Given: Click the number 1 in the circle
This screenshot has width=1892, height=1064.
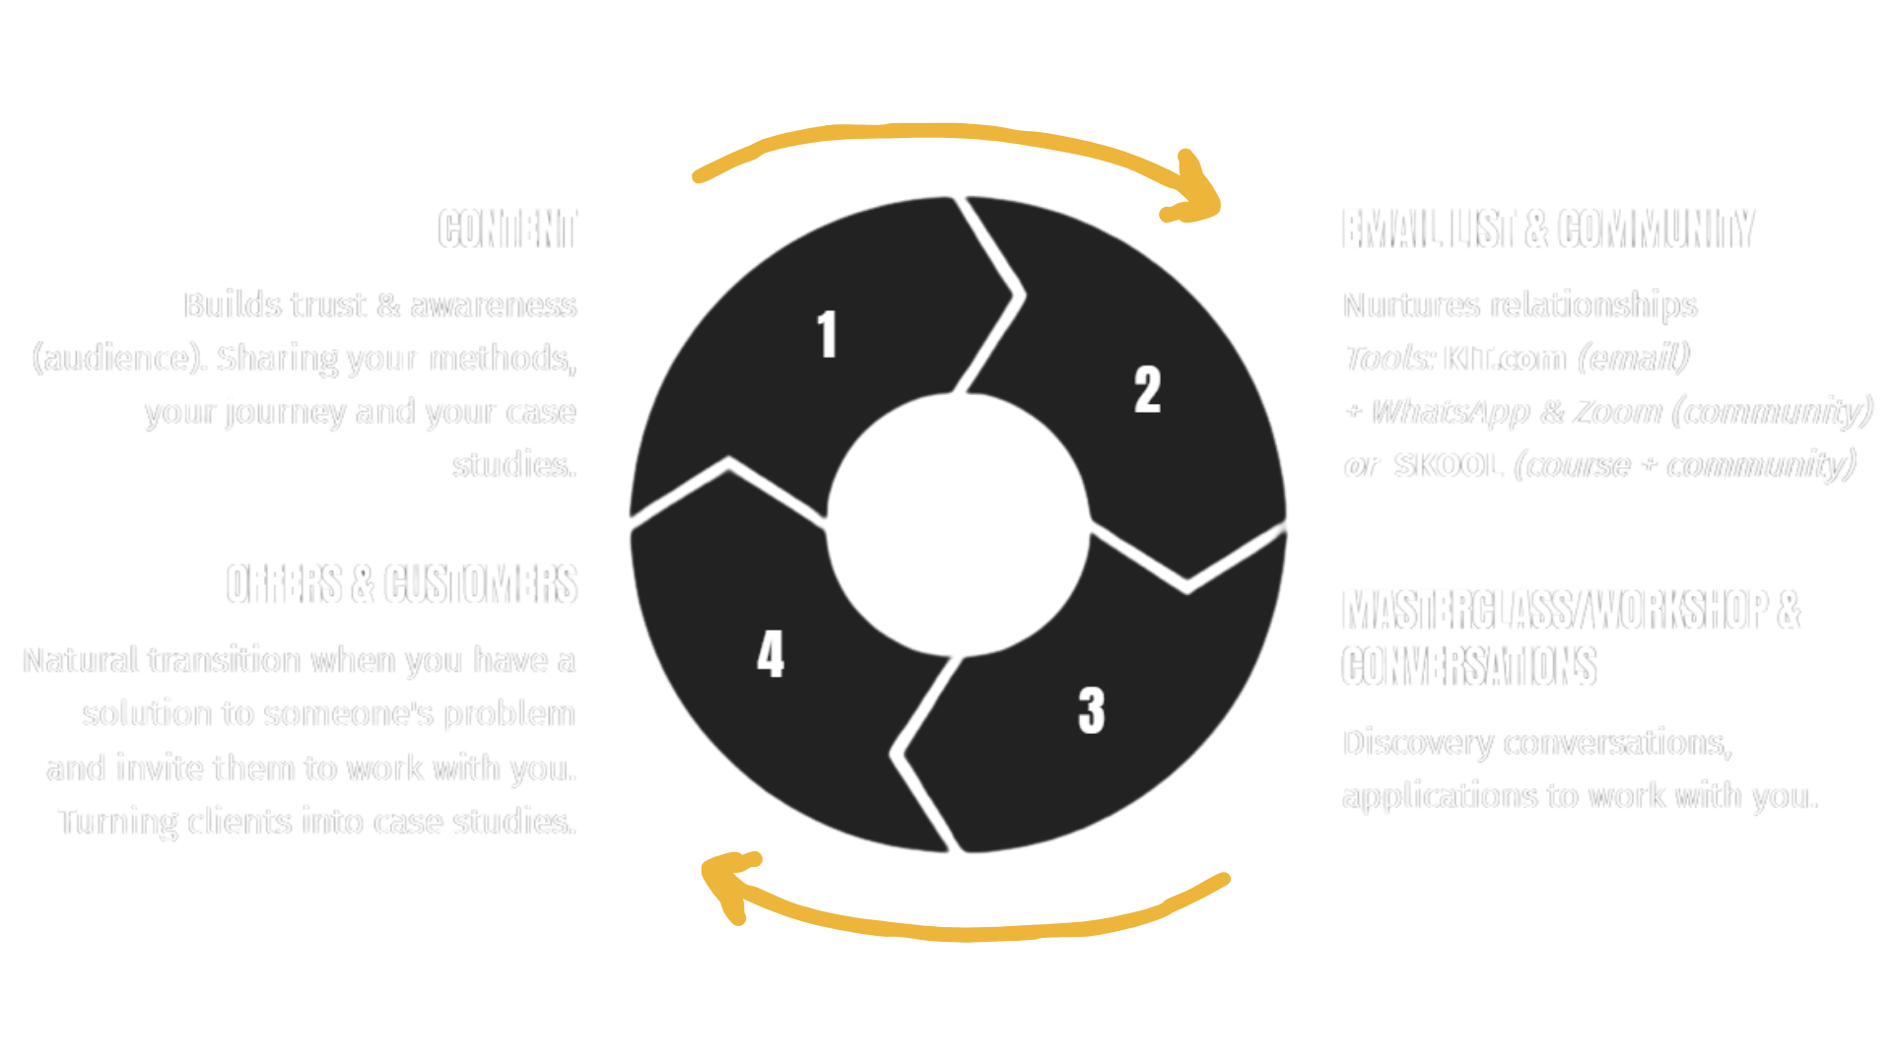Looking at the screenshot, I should click(827, 334).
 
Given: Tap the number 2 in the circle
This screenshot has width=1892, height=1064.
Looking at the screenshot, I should click(1147, 390).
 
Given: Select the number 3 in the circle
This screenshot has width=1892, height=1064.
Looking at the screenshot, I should click(1091, 710).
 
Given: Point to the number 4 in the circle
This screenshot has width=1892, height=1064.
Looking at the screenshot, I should click(771, 654).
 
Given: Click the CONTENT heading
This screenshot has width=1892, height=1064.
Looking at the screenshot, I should click(507, 230).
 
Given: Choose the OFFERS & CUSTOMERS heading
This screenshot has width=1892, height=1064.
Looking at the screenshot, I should click(401, 584).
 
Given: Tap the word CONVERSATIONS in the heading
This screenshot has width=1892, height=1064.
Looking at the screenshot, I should click(1468, 667).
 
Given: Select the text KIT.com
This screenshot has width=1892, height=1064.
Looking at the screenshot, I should click(1504, 359).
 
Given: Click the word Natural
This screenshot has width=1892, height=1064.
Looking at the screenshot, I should click(80, 660).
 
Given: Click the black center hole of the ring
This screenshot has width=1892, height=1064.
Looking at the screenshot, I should click(958, 524).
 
